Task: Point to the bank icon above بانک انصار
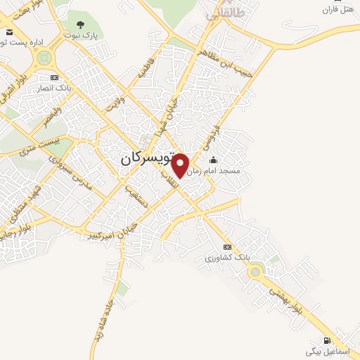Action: click(x=54, y=77)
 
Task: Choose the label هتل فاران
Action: click(x=337, y=10)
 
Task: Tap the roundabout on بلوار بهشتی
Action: click(x=255, y=271)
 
